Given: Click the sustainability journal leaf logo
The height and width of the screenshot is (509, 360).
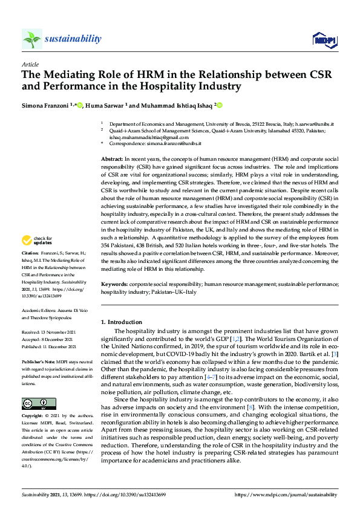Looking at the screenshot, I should [x=31, y=39].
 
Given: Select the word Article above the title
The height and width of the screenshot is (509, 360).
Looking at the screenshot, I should [x=30, y=63].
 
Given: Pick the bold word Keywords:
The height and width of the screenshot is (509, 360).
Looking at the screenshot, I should [x=115, y=284].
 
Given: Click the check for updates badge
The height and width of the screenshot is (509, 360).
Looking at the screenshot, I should [x=36, y=241].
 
